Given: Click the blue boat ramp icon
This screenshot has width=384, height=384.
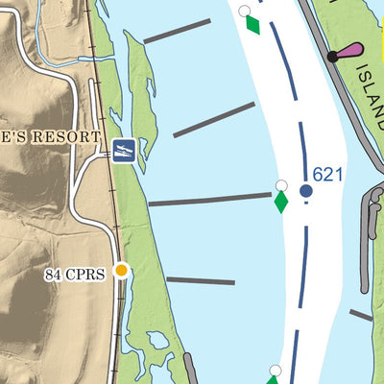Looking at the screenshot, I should point(123,150).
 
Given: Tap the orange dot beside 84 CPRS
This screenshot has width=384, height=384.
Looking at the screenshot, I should point(121,271).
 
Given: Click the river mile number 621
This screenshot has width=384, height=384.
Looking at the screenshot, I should point(327,174).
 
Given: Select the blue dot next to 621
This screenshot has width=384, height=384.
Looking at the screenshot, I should point(306,191).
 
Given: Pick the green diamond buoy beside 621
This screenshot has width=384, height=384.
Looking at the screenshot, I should point(281,202).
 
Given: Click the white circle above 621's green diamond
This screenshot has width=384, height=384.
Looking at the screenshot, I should point(281,185).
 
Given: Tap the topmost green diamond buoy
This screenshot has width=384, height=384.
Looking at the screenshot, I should point(252,24).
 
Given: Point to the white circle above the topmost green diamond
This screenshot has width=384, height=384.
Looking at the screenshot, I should point(245,12).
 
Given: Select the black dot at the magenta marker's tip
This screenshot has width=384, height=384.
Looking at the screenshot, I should point(332,57).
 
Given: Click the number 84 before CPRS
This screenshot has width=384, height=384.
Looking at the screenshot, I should point(54,275).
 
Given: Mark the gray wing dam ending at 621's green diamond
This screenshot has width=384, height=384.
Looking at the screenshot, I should point(209,200).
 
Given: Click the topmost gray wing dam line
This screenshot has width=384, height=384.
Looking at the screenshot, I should point(177,31).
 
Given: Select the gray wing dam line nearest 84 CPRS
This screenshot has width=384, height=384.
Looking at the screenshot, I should point(200,281).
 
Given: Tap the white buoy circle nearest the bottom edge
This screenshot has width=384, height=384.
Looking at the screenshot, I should point(275,371).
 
